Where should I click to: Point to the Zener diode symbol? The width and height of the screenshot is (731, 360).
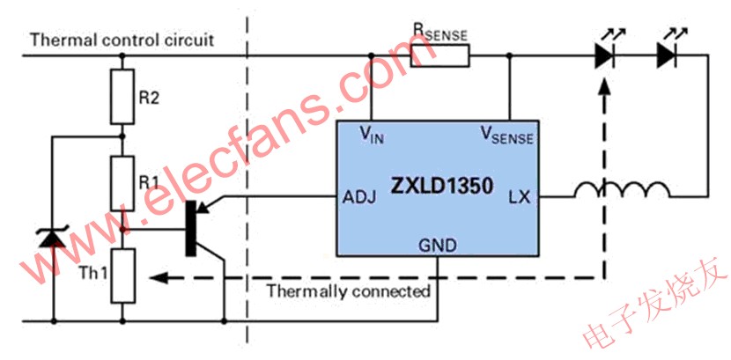[53, 236]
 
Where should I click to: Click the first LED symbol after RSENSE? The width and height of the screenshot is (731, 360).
[604, 56]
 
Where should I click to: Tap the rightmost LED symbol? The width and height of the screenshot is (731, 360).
[667, 56]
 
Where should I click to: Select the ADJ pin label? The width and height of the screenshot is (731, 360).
[359, 198]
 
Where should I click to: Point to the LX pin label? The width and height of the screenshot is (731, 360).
[519, 198]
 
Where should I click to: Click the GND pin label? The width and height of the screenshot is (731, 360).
[438, 246]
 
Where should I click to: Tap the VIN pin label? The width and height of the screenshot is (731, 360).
[371, 134]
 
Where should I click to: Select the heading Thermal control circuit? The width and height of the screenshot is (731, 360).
[122, 40]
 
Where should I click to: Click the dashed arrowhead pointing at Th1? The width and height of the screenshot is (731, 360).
[157, 278]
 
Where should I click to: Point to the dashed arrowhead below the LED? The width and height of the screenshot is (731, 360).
[604, 88]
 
